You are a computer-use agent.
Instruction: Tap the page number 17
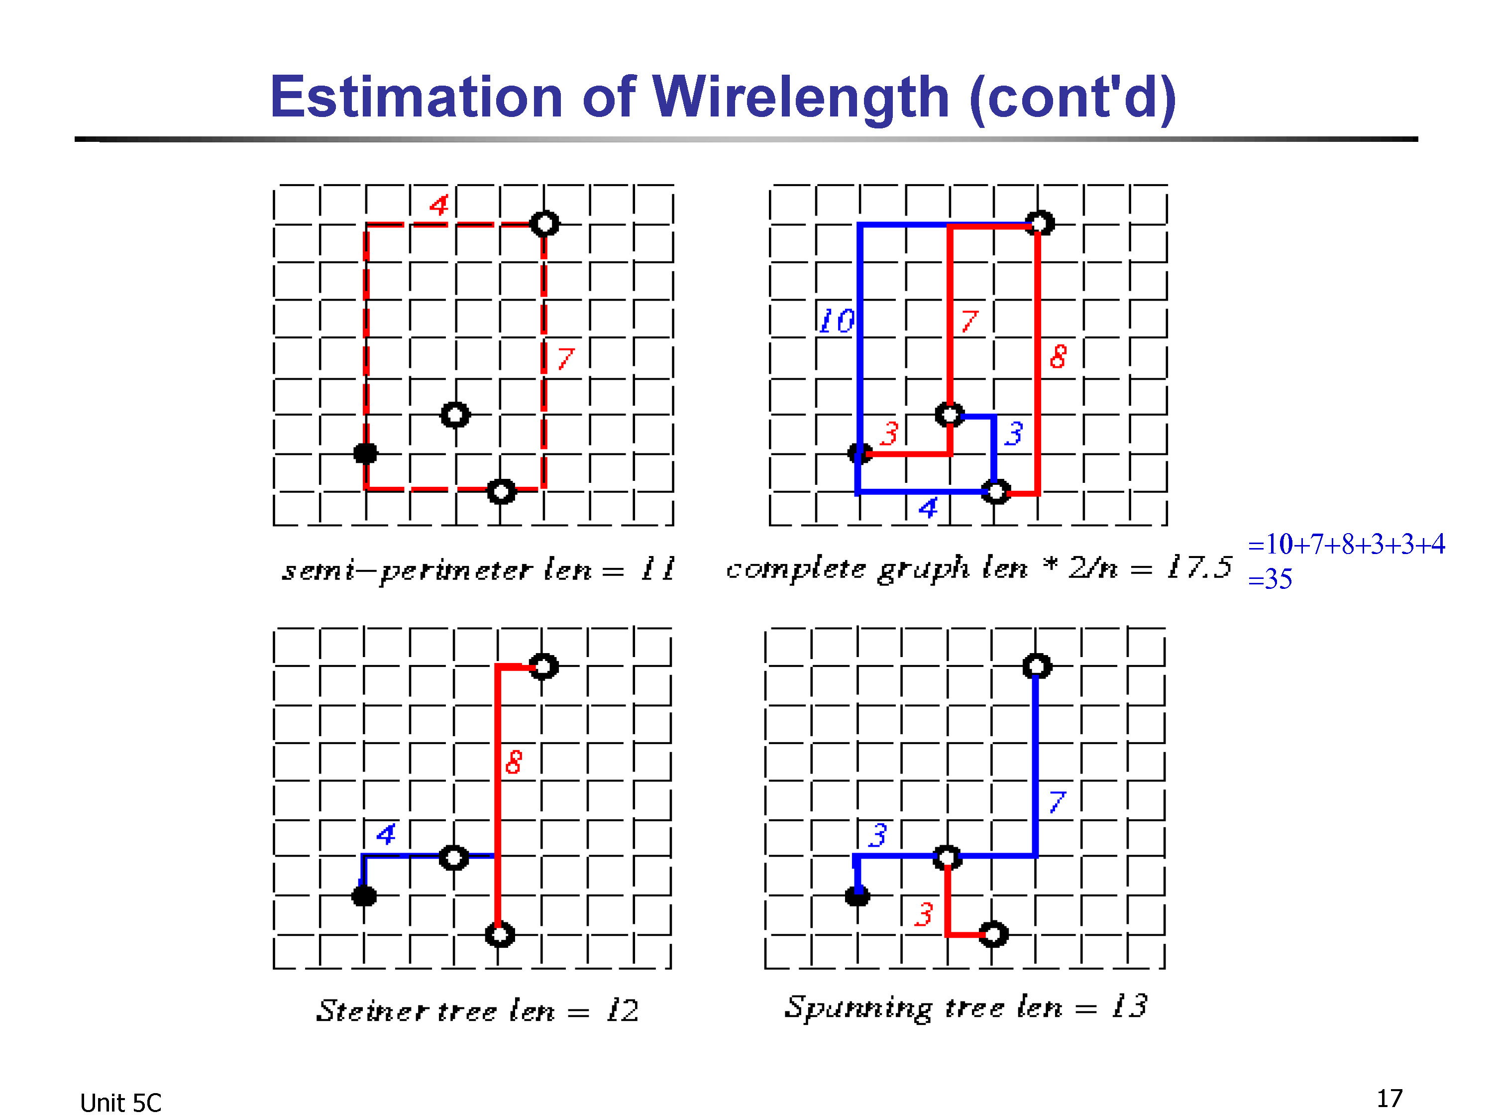click(1389, 1099)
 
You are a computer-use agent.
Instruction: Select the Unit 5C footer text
click(121, 1103)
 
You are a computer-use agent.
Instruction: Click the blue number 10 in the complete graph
click(836, 321)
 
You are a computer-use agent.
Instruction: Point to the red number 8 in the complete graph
click(1059, 356)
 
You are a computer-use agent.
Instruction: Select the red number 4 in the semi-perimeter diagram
click(439, 205)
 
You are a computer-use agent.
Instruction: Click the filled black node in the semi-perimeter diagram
click(366, 453)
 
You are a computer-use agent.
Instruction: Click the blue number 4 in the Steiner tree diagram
click(386, 834)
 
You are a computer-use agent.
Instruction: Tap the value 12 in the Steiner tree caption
click(622, 1010)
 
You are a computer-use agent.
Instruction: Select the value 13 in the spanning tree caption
click(1130, 1006)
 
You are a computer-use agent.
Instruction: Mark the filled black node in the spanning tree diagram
click(857, 896)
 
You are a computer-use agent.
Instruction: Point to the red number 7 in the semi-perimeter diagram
click(566, 358)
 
